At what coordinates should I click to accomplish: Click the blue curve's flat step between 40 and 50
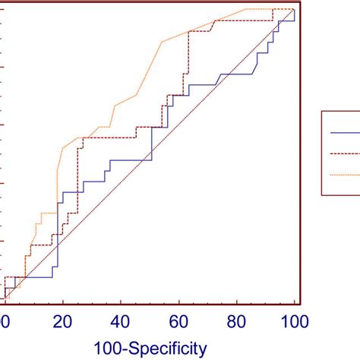point(131,160)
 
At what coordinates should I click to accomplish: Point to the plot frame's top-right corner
point(303,2)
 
